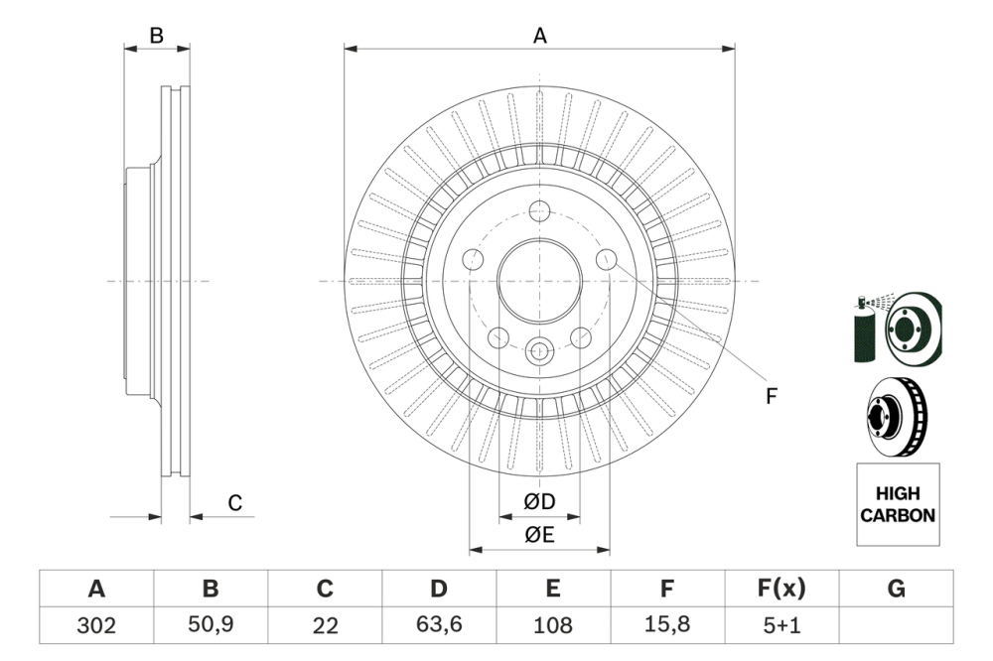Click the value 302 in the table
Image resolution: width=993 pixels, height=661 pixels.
click(96, 625)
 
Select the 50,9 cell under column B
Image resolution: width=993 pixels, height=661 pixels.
click(211, 625)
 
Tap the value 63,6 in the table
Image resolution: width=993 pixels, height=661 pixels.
click(438, 625)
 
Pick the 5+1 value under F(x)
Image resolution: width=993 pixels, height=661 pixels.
click(781, 625)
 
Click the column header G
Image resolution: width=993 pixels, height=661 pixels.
click(896, 590)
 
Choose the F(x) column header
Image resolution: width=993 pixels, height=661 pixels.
click(781, 590)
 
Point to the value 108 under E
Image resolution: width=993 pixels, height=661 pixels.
click(553, 625)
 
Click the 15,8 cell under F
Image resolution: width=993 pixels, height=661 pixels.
click(667, 625)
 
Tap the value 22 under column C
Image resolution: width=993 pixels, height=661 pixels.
click(325, 625)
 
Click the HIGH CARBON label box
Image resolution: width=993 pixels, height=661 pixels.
click(897, 504)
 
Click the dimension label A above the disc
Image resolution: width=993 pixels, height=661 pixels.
click(539, 36)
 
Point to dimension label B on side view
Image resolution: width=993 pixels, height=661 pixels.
click(156, 36)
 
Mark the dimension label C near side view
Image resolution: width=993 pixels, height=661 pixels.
click(234, 503)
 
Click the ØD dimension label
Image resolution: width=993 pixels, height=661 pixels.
click(539, 503)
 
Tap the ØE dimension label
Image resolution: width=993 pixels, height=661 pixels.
click(539, 536)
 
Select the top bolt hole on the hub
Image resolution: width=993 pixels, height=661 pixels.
click(539, 210)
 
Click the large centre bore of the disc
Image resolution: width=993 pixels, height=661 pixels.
click(539, 281)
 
